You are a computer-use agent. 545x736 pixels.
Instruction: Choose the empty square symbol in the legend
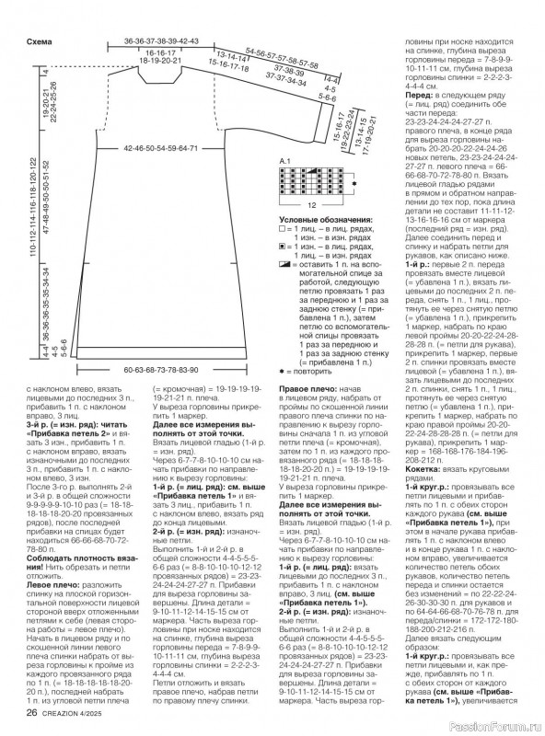(x=280, y=229)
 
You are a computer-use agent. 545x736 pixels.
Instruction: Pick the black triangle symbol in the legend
(x=281, y=263)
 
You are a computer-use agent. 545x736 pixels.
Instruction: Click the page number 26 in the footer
(x=31, y=712)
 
